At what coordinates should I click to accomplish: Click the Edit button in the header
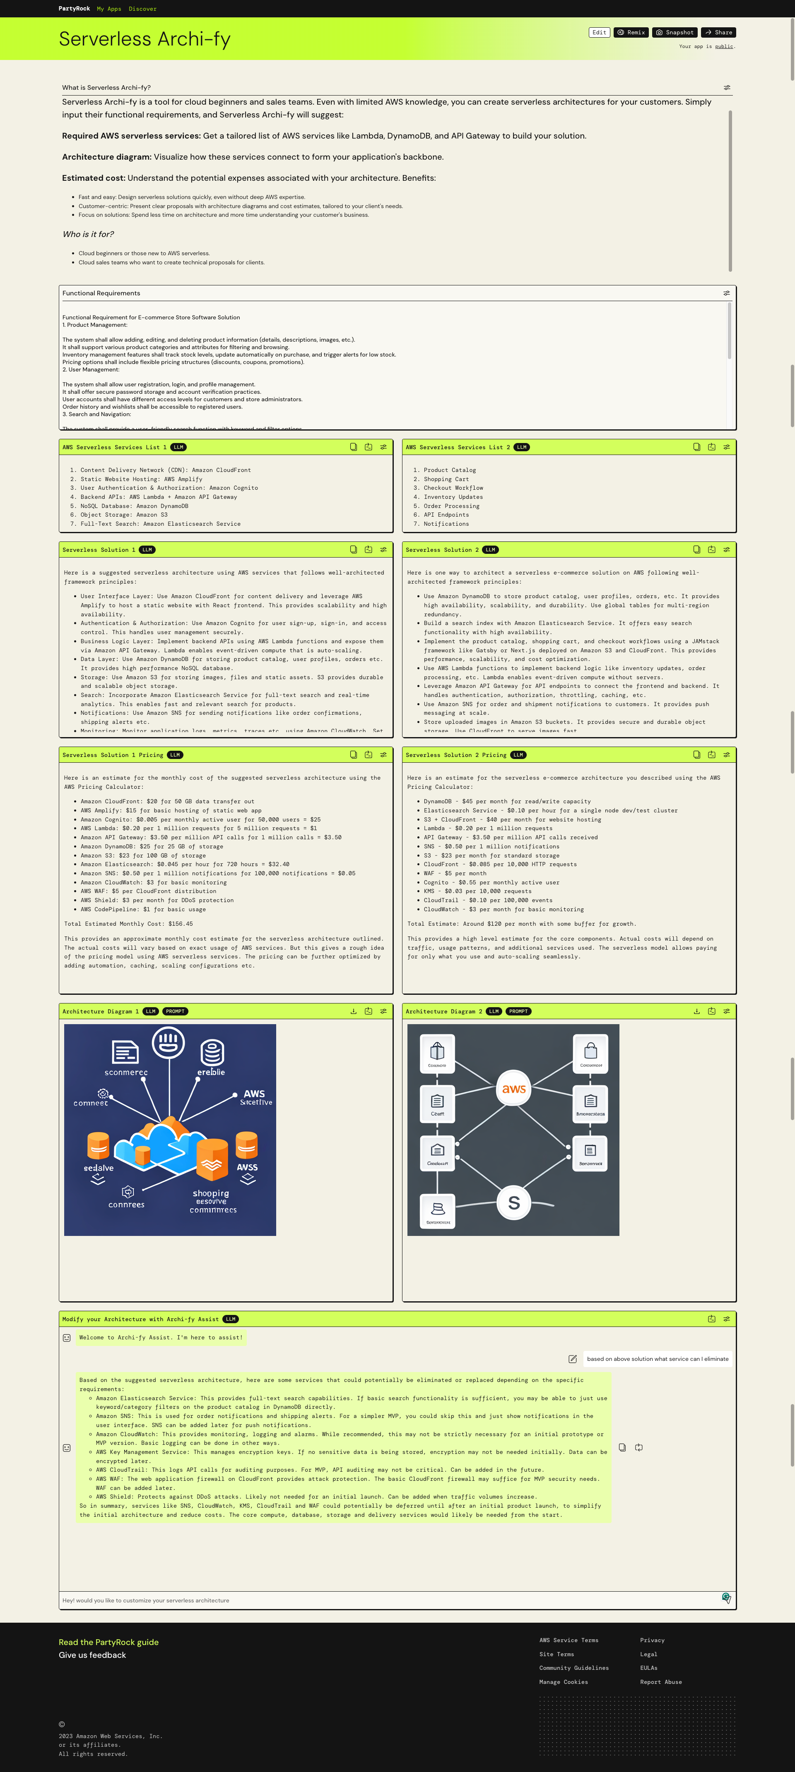coord(599,32)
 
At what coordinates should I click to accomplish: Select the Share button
coord(718,32)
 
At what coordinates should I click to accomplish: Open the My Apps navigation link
coord(109,9)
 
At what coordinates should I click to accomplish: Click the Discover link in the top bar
coord(142,9)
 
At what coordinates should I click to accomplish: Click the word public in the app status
coord(723,47)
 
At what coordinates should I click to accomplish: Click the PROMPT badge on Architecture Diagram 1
coord(175,1011)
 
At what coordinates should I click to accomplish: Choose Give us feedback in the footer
coord(92,1655)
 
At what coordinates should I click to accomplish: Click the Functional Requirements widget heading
coord(101,293)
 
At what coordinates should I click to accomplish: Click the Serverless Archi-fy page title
coord(145,39)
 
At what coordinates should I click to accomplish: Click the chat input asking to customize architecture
coord(385,1600)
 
